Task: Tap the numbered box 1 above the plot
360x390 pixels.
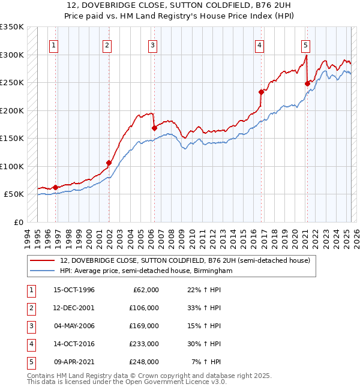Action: pyautogui.click(x=54, y=45)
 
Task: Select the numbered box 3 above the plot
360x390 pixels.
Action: pyautogui.click(x=152, y=45)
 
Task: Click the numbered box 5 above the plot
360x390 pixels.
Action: pyautogui.click(x=305, y=45)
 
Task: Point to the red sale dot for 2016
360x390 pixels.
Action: pyautogui.click(x=261, y=92)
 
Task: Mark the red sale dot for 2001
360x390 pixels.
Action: pyautogui.click(x=109, y=163)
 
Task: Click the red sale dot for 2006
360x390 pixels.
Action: pyautogui.click(x=154, y=128)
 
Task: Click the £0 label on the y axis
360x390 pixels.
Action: pyautogui.click(x=18, y=223)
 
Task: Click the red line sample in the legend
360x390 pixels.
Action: pyautogui.click(x=43, y=261)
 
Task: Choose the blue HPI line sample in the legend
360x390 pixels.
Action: pyautogui.click(x=43, y=271)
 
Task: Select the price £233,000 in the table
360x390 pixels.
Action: pyautogui.click(x=145, y=344)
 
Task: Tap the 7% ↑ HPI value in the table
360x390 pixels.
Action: pyautogui.click(x=207, y=362)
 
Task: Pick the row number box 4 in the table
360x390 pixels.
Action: pyautogui.click(x=31, y=344)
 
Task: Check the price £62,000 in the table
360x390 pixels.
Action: pyautogui.click(x=146, y=290)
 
